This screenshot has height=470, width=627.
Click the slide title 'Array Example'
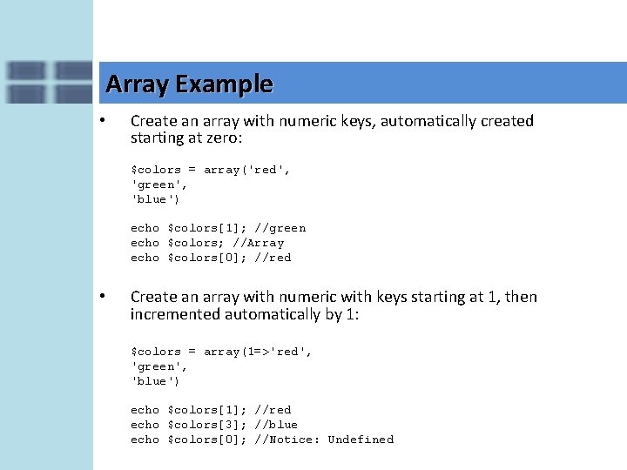click(189, 84)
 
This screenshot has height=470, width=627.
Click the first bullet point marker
click(103, 120)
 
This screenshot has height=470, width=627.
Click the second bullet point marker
click(103, 296)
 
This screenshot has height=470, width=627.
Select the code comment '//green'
click(280, 228)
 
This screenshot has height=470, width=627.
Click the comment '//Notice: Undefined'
click(324, 440)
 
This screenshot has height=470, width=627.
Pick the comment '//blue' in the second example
click(276, 425)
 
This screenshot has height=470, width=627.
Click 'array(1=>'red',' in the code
click(258, 352)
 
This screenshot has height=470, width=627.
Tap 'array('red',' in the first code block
click(247, 170)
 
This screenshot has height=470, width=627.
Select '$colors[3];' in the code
click(207, 425)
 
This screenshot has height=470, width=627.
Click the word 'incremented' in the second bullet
click(175, 314)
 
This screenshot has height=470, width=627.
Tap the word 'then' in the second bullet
click(521, 297)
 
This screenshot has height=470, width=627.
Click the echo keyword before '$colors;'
click(145, 243)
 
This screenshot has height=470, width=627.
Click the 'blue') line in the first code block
click(156, 199)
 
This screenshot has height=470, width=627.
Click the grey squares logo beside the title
click(48, 83)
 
